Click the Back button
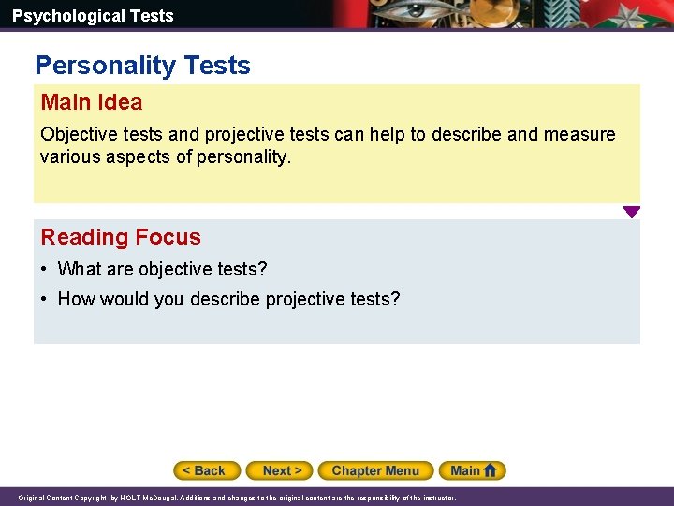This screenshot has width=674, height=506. pos(207,470)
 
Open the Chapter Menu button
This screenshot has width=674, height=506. pos(375,470)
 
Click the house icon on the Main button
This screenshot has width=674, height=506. pos(491,470)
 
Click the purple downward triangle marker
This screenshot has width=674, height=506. pos(632,212)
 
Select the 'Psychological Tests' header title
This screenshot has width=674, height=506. pos(93,16)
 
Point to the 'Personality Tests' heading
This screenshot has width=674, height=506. pos(142,66)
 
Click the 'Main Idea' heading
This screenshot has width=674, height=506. pos(92,102)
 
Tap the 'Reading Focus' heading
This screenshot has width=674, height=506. pos(121,237)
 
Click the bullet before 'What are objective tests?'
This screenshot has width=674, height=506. pos(45,270)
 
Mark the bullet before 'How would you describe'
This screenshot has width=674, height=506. pos(45,300)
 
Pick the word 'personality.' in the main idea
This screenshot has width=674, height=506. pos(245,157)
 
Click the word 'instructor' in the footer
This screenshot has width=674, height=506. pos(435,498)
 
